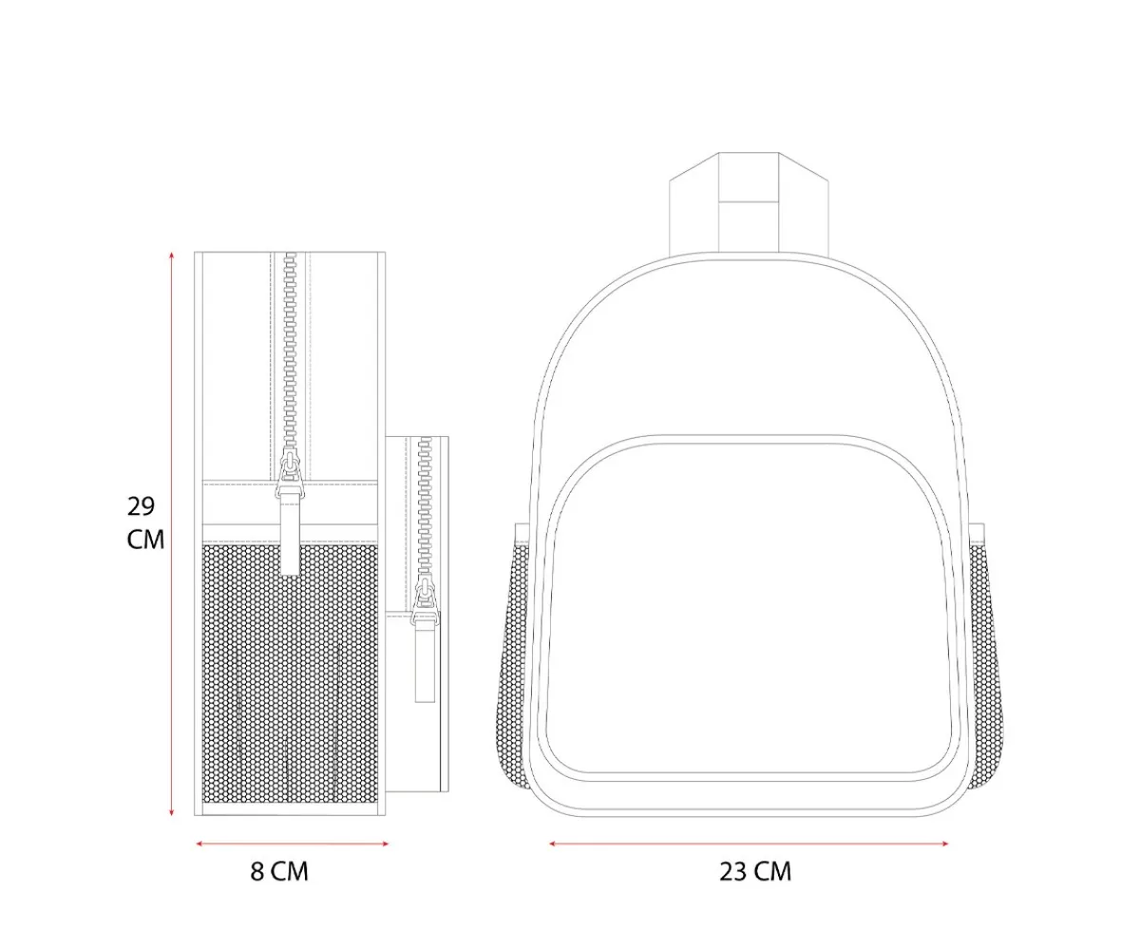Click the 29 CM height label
145,522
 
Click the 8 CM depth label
279,872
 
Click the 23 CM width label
755,872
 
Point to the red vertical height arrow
171,534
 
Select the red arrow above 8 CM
292,844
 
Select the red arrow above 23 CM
749,844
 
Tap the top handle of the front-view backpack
749,202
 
